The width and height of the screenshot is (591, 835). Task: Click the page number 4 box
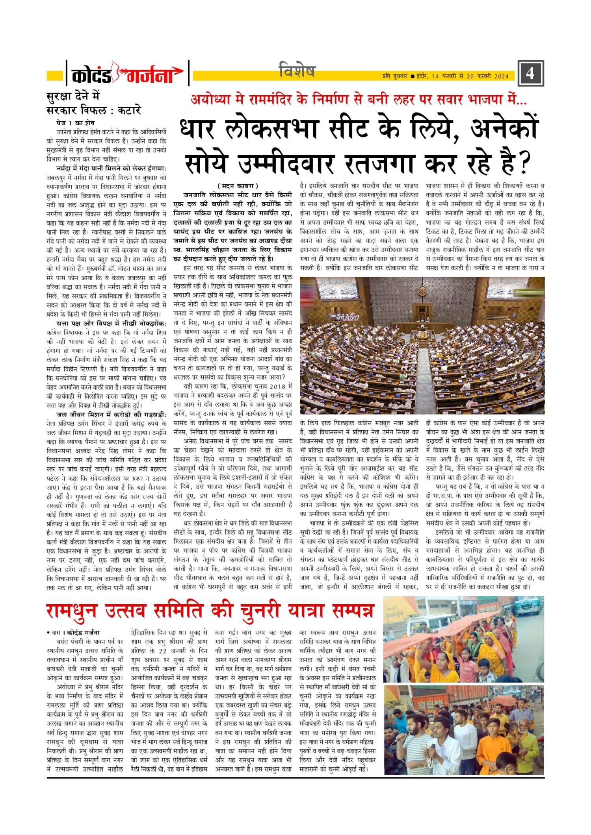point(530,73)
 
